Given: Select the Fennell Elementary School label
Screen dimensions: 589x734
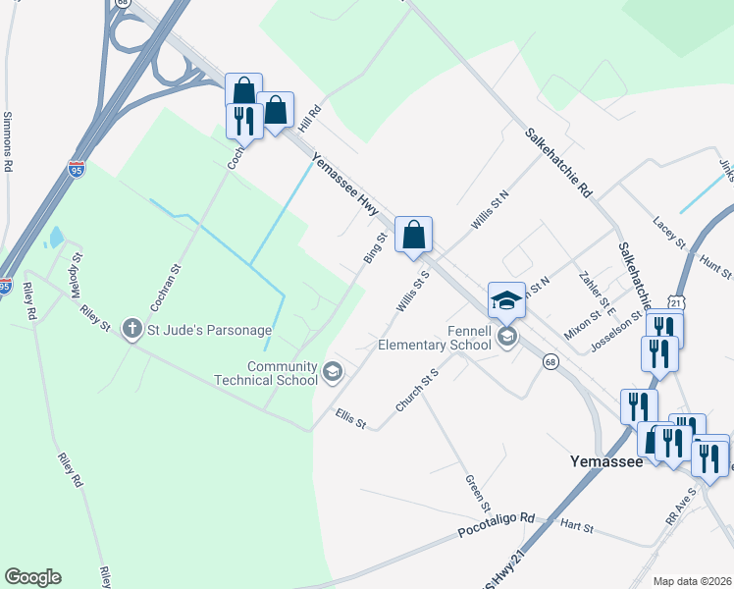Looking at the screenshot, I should (435, 338).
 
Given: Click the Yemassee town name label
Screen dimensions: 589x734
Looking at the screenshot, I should (606, 459).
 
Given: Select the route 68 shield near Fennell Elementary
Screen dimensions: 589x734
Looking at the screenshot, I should (551, 361).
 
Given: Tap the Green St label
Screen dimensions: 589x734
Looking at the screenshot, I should (477, 493).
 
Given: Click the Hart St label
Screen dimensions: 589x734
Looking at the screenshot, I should (576, 527).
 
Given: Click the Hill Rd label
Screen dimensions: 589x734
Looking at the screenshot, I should (310, 120).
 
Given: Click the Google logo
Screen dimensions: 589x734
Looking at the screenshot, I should (32, 577).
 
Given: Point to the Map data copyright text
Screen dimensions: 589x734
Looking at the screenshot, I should (692, 581).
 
